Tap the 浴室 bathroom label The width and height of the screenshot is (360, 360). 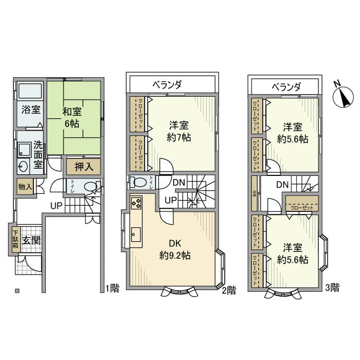[x=27, y=110]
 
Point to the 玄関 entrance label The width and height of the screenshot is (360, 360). [x=32, y=240]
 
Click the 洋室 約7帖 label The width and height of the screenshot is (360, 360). [x=180, y=131]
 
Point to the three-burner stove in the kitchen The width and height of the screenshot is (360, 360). [x=136, y=204]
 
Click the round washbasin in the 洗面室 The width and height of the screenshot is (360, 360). [x=23, y=166]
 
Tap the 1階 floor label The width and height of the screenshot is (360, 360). [x=112, y=289]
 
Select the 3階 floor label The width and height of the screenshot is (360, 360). [x=332, y=288]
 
